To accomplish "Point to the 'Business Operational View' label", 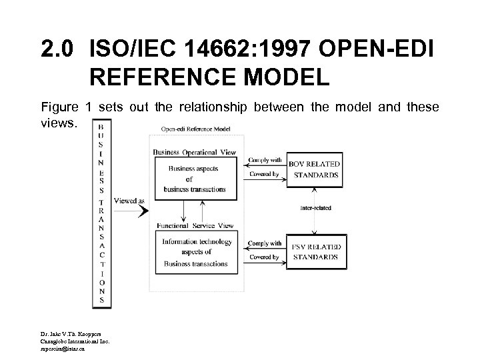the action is [x=194, y=152].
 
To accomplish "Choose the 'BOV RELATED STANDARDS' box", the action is [x=314, y=169].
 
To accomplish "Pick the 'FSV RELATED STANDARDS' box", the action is [x=314, y=251].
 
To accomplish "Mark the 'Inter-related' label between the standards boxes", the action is [x=315, y=208].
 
